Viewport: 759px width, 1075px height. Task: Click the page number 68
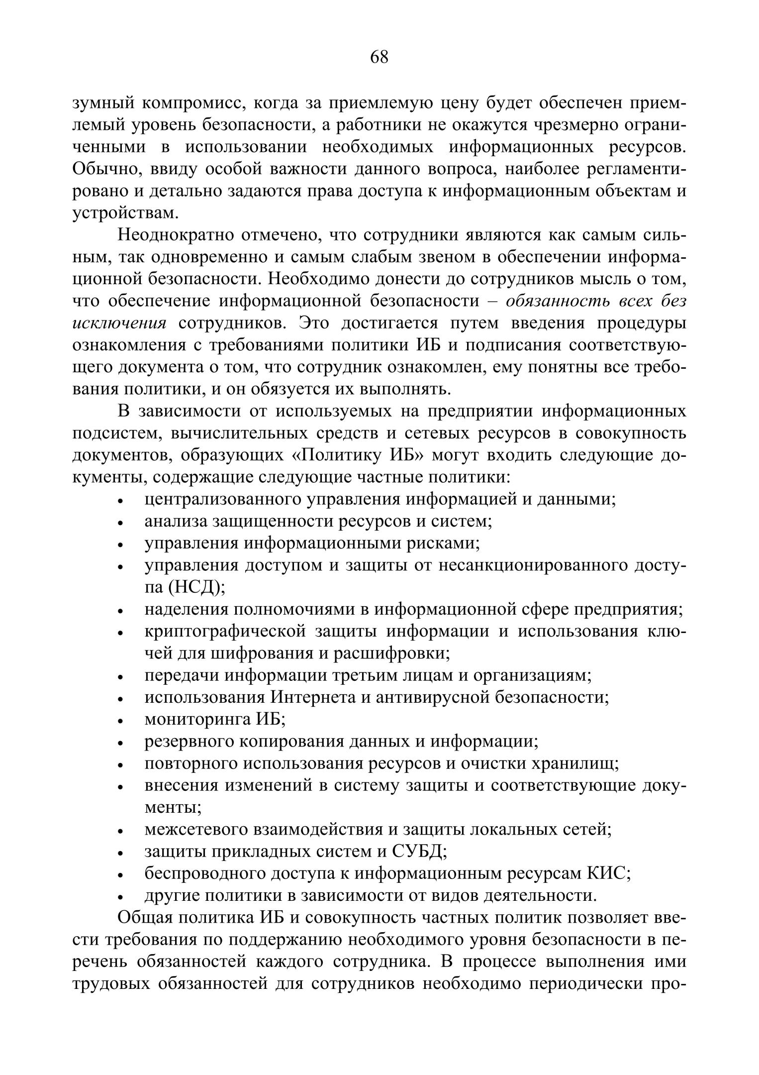(379, 57)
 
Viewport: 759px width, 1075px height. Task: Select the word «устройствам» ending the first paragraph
(125, 213)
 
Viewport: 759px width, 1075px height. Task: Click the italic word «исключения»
(119, 323)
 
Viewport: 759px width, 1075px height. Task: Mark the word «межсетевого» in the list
(196, 830)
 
